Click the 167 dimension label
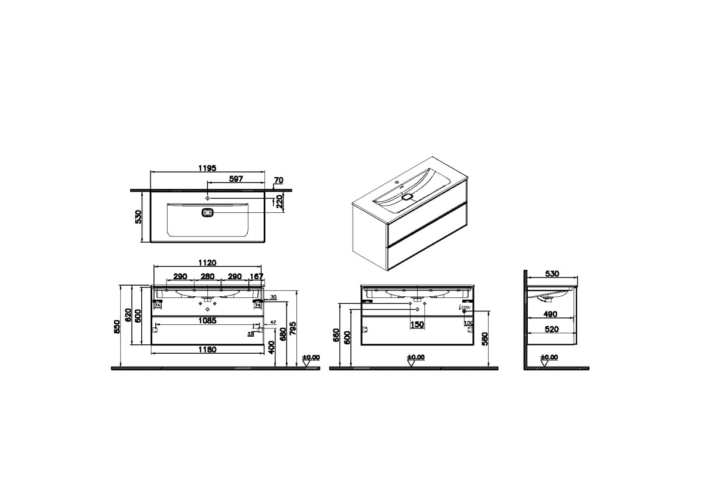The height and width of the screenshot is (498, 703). (x=257, y=276)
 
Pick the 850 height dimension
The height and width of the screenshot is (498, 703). (x=118, y=327)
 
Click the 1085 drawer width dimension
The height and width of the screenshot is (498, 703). (x=206, y=321)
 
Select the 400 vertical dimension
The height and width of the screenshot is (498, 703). (x=272, y=348)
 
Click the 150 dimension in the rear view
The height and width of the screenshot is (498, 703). (x=417, y=324)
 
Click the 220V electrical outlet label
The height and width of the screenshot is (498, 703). (x=465, y=307)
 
